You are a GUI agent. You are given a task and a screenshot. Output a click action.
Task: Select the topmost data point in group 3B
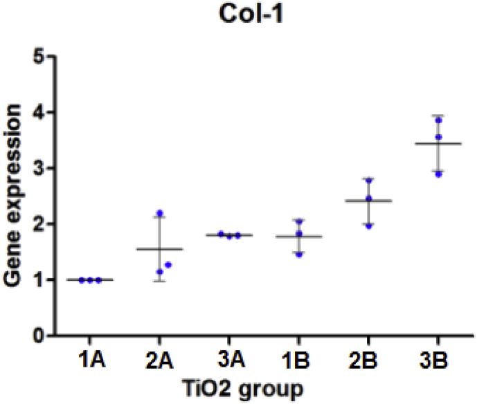[438, 120]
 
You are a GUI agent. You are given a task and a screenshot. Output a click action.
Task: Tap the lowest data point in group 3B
[438, 174]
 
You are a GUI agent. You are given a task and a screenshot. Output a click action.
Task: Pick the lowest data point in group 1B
[299, 254]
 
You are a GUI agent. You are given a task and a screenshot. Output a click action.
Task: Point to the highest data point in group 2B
[369, 181]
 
